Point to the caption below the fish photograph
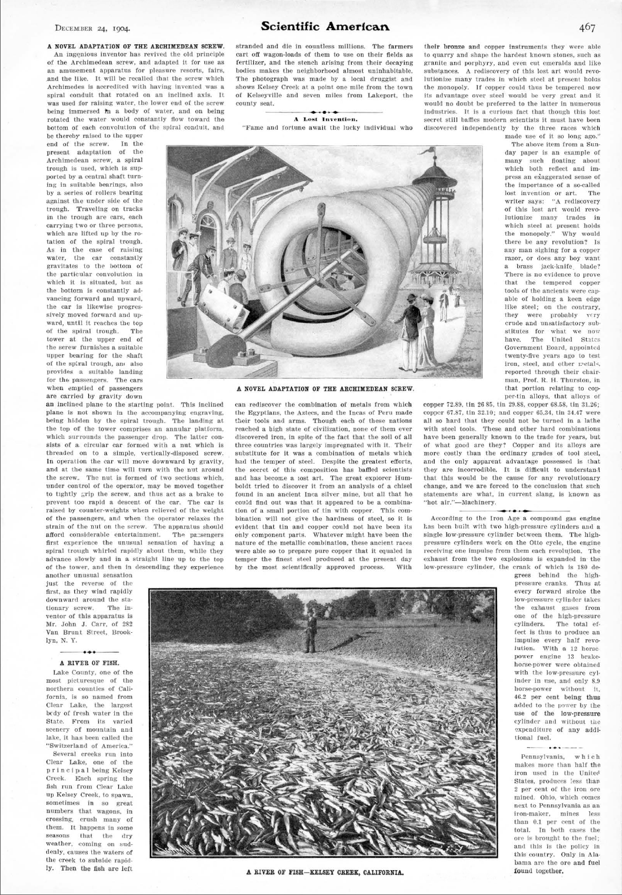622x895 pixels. point(325,871)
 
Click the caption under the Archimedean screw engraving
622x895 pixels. point(325,389)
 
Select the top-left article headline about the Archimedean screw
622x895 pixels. point(135,45)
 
